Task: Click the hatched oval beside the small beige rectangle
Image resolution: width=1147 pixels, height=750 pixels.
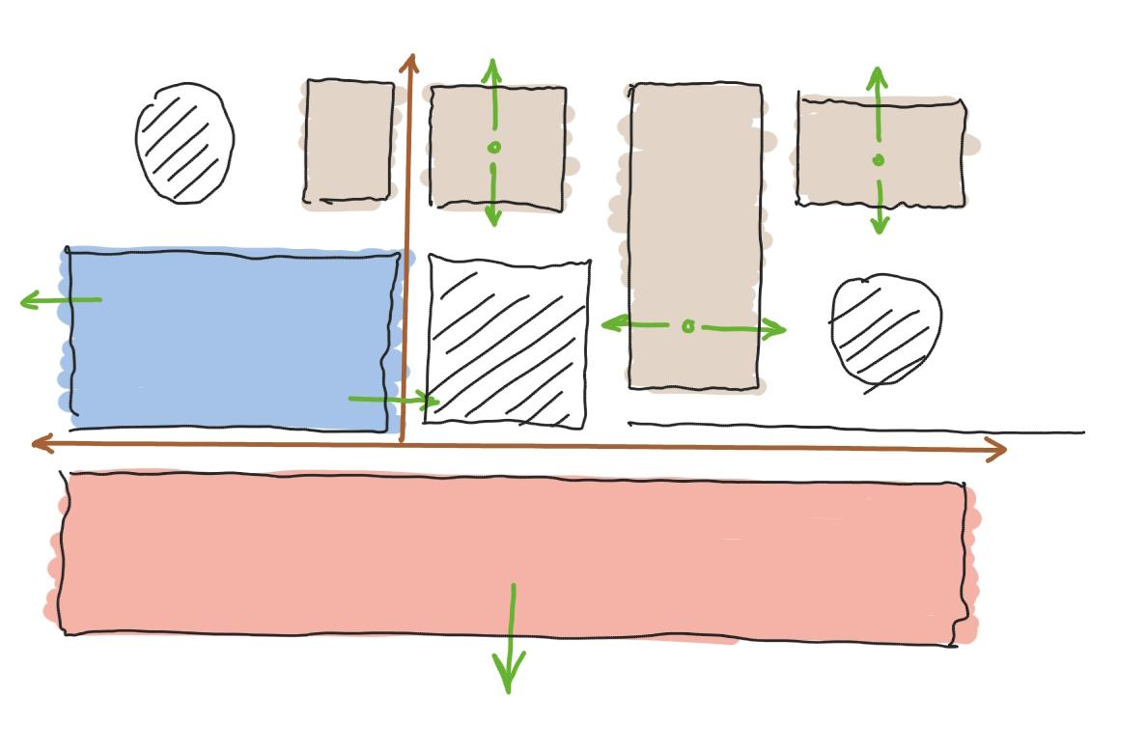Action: coord(184,143)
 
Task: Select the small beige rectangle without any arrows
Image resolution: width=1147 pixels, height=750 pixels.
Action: coord(350,142)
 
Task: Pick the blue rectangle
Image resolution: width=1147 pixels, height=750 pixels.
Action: coord(232,338)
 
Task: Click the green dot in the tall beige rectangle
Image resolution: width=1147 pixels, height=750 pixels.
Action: coord(687,327)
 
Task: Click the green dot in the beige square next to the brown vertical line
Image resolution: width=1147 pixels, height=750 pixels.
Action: coord(494,148)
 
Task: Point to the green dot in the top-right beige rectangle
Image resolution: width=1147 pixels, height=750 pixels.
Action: coord(878,160)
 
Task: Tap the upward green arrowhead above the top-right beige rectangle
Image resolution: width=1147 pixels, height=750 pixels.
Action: coord(877,74)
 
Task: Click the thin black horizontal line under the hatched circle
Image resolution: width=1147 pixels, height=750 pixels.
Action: coord(850,428)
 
